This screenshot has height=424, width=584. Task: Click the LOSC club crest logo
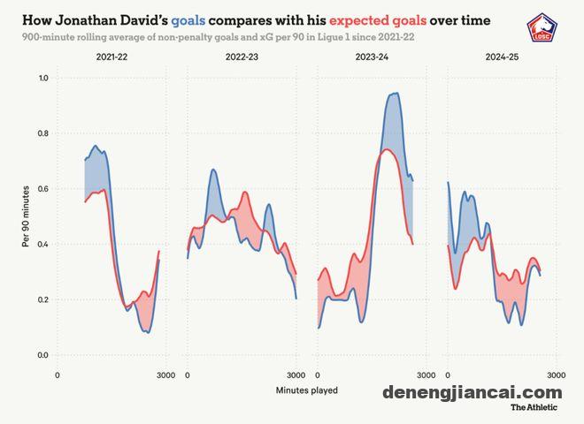(540, 27)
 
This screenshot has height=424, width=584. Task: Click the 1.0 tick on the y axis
(42, 79)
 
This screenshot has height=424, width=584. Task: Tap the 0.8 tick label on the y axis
(42, 134)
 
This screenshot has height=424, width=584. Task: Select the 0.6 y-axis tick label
(42, 189)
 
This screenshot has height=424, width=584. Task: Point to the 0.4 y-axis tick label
(42, 245)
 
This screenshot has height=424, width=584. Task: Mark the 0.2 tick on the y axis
(42, 300)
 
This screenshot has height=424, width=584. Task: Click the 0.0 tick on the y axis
(42, 355)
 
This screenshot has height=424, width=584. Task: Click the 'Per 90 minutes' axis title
(27, 217)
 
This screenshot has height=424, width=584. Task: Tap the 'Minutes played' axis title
(306, 389)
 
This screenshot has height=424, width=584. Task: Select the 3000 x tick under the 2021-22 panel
(165, 375)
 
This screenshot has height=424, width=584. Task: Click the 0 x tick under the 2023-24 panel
(318, 375)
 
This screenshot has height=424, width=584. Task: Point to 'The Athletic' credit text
(534, 408)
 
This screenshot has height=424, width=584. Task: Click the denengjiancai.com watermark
(473, 392)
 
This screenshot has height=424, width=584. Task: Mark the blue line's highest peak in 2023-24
(395, 94)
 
